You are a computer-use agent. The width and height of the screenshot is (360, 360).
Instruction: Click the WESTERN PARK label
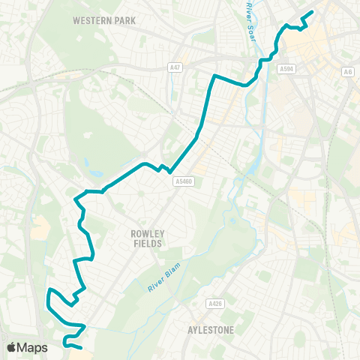point(104,20)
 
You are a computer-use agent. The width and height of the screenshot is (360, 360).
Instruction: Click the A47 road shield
point(175,67)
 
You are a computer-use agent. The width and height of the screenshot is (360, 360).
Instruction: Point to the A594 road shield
point(286,69)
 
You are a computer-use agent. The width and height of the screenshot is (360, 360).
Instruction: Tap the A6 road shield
point(346,71)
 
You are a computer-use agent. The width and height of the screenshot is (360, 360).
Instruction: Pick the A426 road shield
point(214,304)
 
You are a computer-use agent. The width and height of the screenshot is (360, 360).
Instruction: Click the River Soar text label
point(249,17)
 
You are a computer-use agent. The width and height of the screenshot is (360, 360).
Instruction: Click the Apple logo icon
point(12,347)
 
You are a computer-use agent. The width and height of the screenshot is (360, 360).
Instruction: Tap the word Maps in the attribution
point(33,347)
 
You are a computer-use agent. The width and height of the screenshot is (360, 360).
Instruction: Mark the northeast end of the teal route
point(311,12)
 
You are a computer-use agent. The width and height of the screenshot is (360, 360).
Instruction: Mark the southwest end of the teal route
point(80,348)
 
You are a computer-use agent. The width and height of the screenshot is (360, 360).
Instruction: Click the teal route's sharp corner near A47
point(215,76)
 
